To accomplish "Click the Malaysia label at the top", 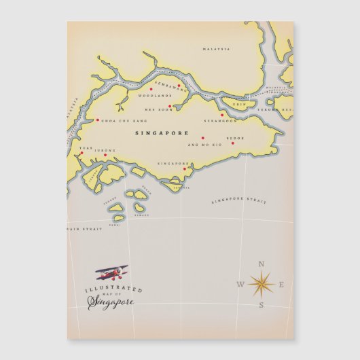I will point(217,49).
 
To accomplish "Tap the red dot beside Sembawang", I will point(179,86).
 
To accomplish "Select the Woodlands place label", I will point(151,96).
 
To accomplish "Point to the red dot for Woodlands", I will point(151,89).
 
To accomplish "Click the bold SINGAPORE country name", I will point(162,133).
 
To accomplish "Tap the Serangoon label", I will point(220,121).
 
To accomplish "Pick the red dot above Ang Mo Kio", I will point(202,138).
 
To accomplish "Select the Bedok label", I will point(235,137).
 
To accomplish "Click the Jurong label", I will point(105,150).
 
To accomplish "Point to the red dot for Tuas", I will point(81,153).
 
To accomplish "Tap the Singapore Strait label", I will point(238,201).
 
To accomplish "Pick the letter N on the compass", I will point(262,264).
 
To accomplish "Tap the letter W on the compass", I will point(240,285).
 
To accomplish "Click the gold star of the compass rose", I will point(261,283).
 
